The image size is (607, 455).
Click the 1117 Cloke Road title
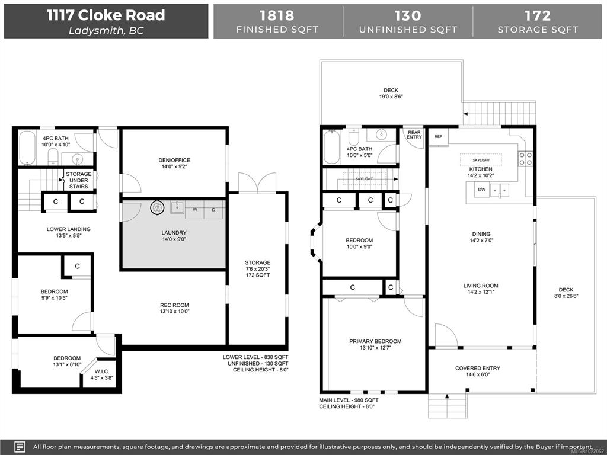pos(106,15)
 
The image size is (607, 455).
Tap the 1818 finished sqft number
pos(277,15)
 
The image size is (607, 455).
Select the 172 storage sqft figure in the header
pos(537,15)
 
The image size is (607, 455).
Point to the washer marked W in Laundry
pos(194,210)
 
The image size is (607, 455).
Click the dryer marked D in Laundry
pos(213,210)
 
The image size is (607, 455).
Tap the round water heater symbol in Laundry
pos(157,208)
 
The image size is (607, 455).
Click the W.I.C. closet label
pos(102,371)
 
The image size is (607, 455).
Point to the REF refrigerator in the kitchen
pos(438,137)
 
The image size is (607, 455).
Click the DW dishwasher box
pos(481,190)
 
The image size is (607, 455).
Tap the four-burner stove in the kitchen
pos(525,158)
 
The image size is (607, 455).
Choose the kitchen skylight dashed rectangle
pos(481,160)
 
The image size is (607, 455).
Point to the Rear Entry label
pos(414,134)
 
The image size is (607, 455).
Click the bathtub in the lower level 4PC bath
pos(27,148)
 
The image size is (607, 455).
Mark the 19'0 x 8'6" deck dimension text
pos(391,97)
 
